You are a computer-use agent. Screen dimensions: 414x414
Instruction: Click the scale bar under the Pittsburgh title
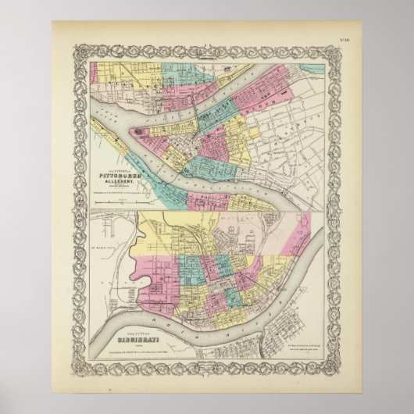(117, 205)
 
